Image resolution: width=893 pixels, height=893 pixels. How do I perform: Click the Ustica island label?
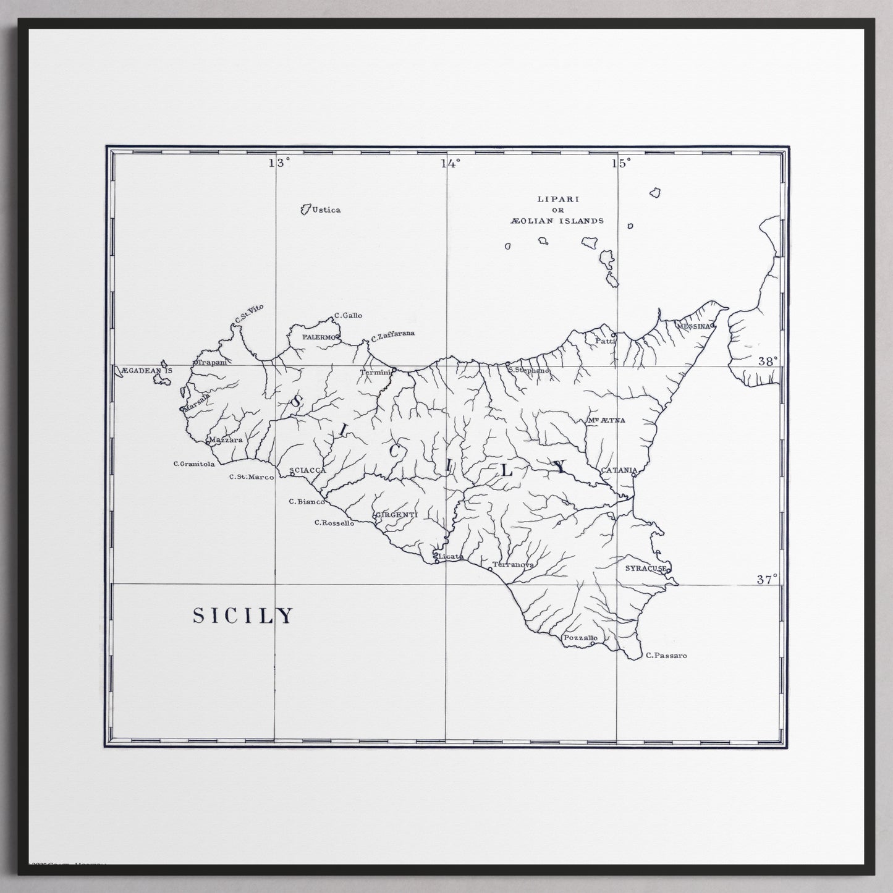326,210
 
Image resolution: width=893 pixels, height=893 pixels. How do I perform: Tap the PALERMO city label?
319,337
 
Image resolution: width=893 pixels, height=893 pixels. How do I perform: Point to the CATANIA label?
619,470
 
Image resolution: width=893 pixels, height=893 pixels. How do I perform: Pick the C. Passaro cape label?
666,656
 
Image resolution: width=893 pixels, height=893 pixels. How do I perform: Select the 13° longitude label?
279,163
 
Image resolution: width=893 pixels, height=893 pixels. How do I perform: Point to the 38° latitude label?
767,362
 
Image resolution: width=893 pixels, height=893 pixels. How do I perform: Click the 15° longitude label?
622,163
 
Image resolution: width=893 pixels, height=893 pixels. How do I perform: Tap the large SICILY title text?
243,616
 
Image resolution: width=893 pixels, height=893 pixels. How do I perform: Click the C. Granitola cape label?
194,463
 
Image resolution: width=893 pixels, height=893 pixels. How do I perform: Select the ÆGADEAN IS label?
147,370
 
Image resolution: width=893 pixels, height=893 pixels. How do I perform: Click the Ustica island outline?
305,210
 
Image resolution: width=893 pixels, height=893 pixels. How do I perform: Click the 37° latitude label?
767,580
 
